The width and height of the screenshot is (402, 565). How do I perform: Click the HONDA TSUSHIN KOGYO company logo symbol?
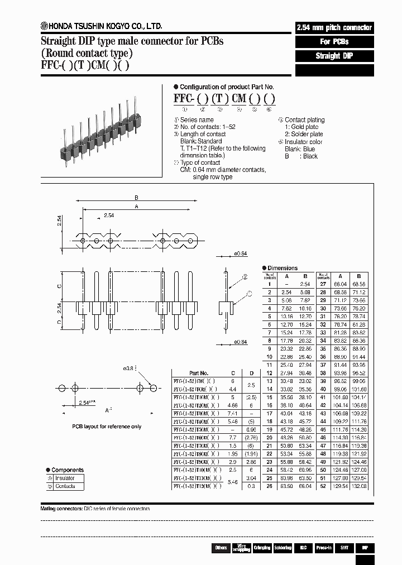pyautogui.click(x=44, y=26)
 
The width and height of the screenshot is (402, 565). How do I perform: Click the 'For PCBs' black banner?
pyautogui.click(x=334, y=42)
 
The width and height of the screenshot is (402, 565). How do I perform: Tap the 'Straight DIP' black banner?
pyautogui.click(x=334, y=56)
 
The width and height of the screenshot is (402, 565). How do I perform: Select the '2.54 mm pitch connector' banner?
pyautogui.click(x=334, y=28)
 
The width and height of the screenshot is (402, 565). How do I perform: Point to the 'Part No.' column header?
pyautogui.click(x=198, y=373)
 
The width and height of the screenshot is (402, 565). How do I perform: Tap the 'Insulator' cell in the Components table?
pyautogui.click(x=65, y=478)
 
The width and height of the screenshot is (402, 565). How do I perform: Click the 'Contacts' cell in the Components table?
pyautogui.click(x=65, y=486)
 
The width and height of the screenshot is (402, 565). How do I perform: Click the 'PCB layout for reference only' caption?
pyautogui.click(x=106, y=427)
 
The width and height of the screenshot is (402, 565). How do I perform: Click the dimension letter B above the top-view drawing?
pyautogui.click(x=136, y=198)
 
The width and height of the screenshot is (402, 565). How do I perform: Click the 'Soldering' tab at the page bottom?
pyautogui.click(x=283, y=548)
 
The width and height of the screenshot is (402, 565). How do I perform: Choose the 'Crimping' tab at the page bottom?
pyautogui.click(x=262, y=548)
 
